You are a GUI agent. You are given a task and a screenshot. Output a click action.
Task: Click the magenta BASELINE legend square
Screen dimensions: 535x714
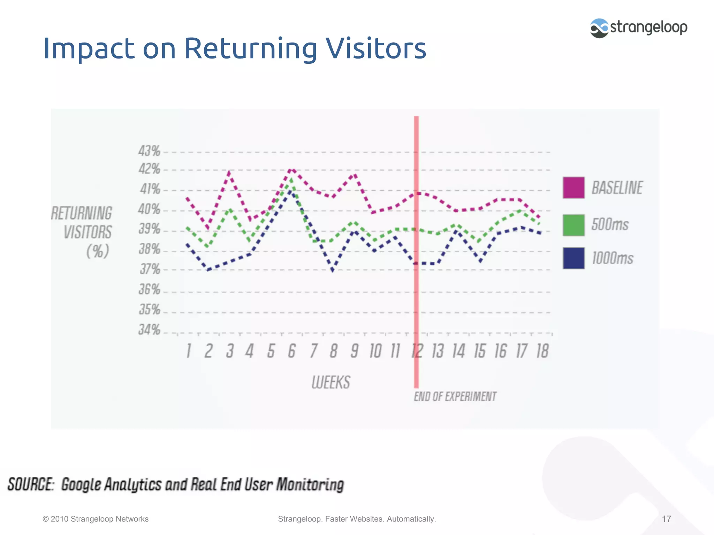click(x=574, y=188)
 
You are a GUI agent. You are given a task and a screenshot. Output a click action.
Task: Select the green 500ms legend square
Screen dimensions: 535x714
click(x=574, y=225)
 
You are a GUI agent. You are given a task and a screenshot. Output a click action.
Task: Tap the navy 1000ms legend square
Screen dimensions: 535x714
click(x=574, y=258)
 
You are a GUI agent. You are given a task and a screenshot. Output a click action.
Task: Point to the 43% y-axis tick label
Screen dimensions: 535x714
click(x=149, y=151)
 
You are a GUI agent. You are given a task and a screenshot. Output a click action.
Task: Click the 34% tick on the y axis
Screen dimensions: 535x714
click(x=149, y=329)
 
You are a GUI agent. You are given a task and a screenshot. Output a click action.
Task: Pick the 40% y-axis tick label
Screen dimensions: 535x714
click(x=149, y=209)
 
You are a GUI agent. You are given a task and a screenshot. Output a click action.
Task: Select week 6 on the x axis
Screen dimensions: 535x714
click(x=292, y=351)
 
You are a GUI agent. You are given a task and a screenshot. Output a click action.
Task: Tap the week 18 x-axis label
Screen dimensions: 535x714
click(x=542, y=351)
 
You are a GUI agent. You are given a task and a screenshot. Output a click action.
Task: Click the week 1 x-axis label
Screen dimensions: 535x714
click(x=189, y=351)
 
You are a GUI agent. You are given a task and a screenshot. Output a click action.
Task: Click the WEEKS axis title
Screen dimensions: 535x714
click(x=331, y=382)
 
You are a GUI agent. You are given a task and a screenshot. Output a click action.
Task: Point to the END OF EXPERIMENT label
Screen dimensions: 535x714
click(x=455, y=397)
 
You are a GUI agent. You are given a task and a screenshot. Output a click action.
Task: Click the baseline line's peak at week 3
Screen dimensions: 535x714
click(x=229, y=172)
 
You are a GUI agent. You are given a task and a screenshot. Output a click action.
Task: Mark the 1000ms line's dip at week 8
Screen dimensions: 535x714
click(x=333, y=270)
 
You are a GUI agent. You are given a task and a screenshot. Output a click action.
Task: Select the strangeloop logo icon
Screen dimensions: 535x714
click(x=599, y=28)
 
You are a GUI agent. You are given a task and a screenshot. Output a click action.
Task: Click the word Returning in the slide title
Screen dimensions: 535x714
click(x=250, y=48)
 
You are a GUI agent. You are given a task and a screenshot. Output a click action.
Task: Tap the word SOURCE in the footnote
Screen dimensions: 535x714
click(x=31, y=484)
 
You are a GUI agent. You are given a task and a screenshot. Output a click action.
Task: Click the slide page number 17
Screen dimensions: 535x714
click(x=666, y=519)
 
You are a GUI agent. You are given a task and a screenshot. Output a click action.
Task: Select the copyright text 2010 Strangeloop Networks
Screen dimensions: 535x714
click(x=96, y=519)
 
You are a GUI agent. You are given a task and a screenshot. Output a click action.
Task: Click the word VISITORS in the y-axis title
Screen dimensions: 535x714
click(x=88, y=232)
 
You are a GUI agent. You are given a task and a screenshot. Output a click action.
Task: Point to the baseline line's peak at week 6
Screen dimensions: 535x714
click(x=292, y=170)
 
